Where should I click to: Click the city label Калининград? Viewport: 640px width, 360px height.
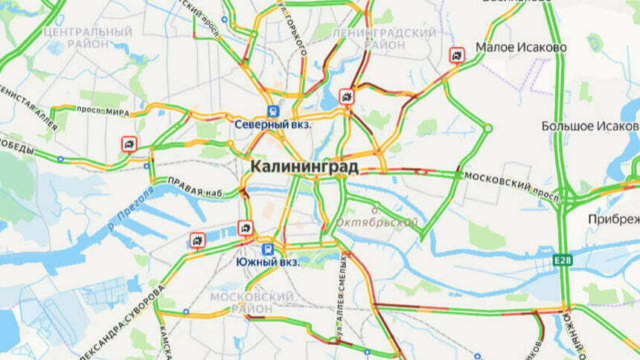point(304,166)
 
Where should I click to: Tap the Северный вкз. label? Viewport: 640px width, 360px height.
point(273,124)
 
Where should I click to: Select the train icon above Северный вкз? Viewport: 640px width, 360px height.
point(274,110)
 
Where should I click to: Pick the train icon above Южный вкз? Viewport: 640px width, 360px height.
point(268,248)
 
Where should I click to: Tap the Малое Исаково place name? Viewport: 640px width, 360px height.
point(521,48)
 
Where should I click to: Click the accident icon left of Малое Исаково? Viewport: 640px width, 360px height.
point(456,55)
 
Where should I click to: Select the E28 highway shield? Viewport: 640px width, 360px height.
point(562,260)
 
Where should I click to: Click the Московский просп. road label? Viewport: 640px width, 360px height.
point(511,186)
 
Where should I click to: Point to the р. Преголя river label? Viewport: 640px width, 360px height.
point(131,206)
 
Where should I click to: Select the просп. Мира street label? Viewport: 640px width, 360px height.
point(108,112)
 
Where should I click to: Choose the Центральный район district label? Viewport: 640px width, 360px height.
point(88,39)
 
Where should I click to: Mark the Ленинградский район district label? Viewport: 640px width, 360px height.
point(383,39)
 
